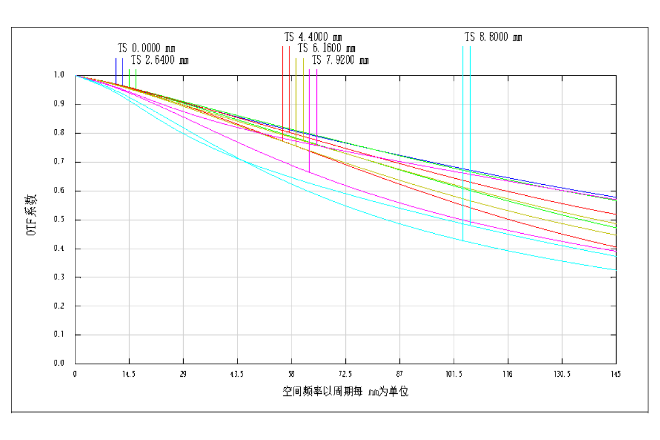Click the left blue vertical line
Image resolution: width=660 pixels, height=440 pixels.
coord(116,69)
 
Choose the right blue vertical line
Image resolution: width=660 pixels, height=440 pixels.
coord(123,69)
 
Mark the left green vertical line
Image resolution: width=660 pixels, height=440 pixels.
coord(129,77)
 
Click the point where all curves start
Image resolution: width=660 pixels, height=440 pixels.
coord(76,76)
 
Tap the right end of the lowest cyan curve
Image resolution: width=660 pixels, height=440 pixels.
coord(617,270)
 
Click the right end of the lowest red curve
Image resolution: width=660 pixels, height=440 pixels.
coord(617,248)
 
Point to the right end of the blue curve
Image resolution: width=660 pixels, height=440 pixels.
coord(617,197)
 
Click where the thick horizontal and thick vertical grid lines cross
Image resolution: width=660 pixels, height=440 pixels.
coord(345,191)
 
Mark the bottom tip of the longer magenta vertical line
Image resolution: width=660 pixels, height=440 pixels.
coord(310,172)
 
